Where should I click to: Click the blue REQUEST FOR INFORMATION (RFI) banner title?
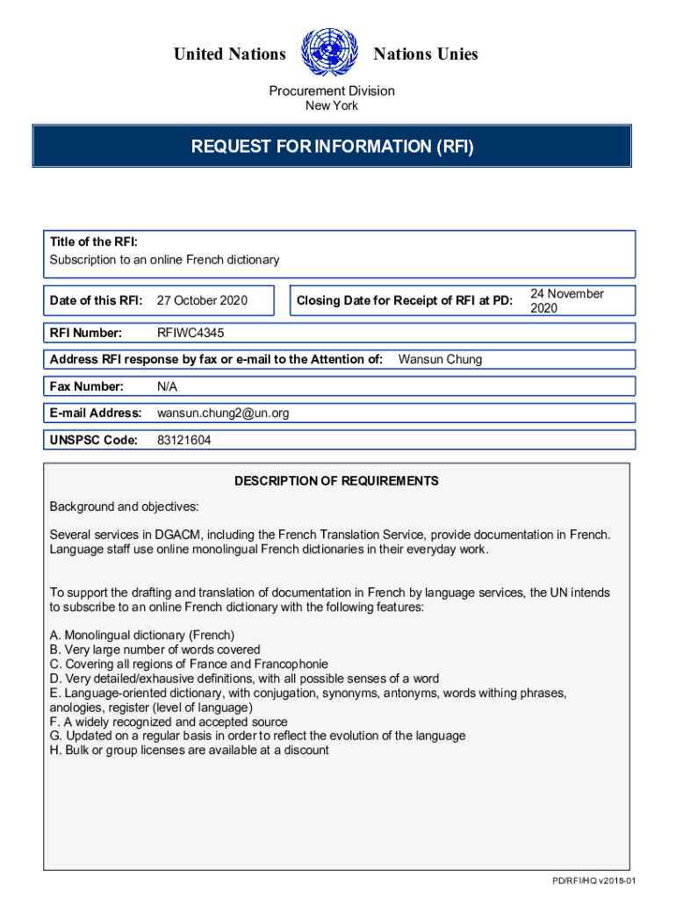pos(332,147)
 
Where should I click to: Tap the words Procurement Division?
pos(332,90)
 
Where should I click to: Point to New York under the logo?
pos(332,106)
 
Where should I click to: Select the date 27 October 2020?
pos(202,301)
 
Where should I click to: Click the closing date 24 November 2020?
pos(566,301)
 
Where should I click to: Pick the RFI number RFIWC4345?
pos(197,333)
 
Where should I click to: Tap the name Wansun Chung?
pos(440,359)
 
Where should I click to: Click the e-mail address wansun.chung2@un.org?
pos(223,413)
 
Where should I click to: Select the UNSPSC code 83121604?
pos(183,440)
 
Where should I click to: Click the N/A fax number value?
pos(167,386)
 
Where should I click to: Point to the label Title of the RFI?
pos(93,242)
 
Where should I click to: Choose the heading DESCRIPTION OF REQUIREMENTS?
pos(336,481)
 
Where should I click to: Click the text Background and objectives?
pos(124,507)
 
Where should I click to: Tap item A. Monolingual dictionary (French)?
pos(142,635)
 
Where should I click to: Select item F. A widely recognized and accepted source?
pos(169,722)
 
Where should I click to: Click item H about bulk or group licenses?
pos(189,750)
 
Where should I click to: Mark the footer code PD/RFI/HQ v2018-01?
pos(593,881)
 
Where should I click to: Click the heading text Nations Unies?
pos(426,54)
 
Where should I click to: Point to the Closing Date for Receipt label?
pos(404,301)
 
